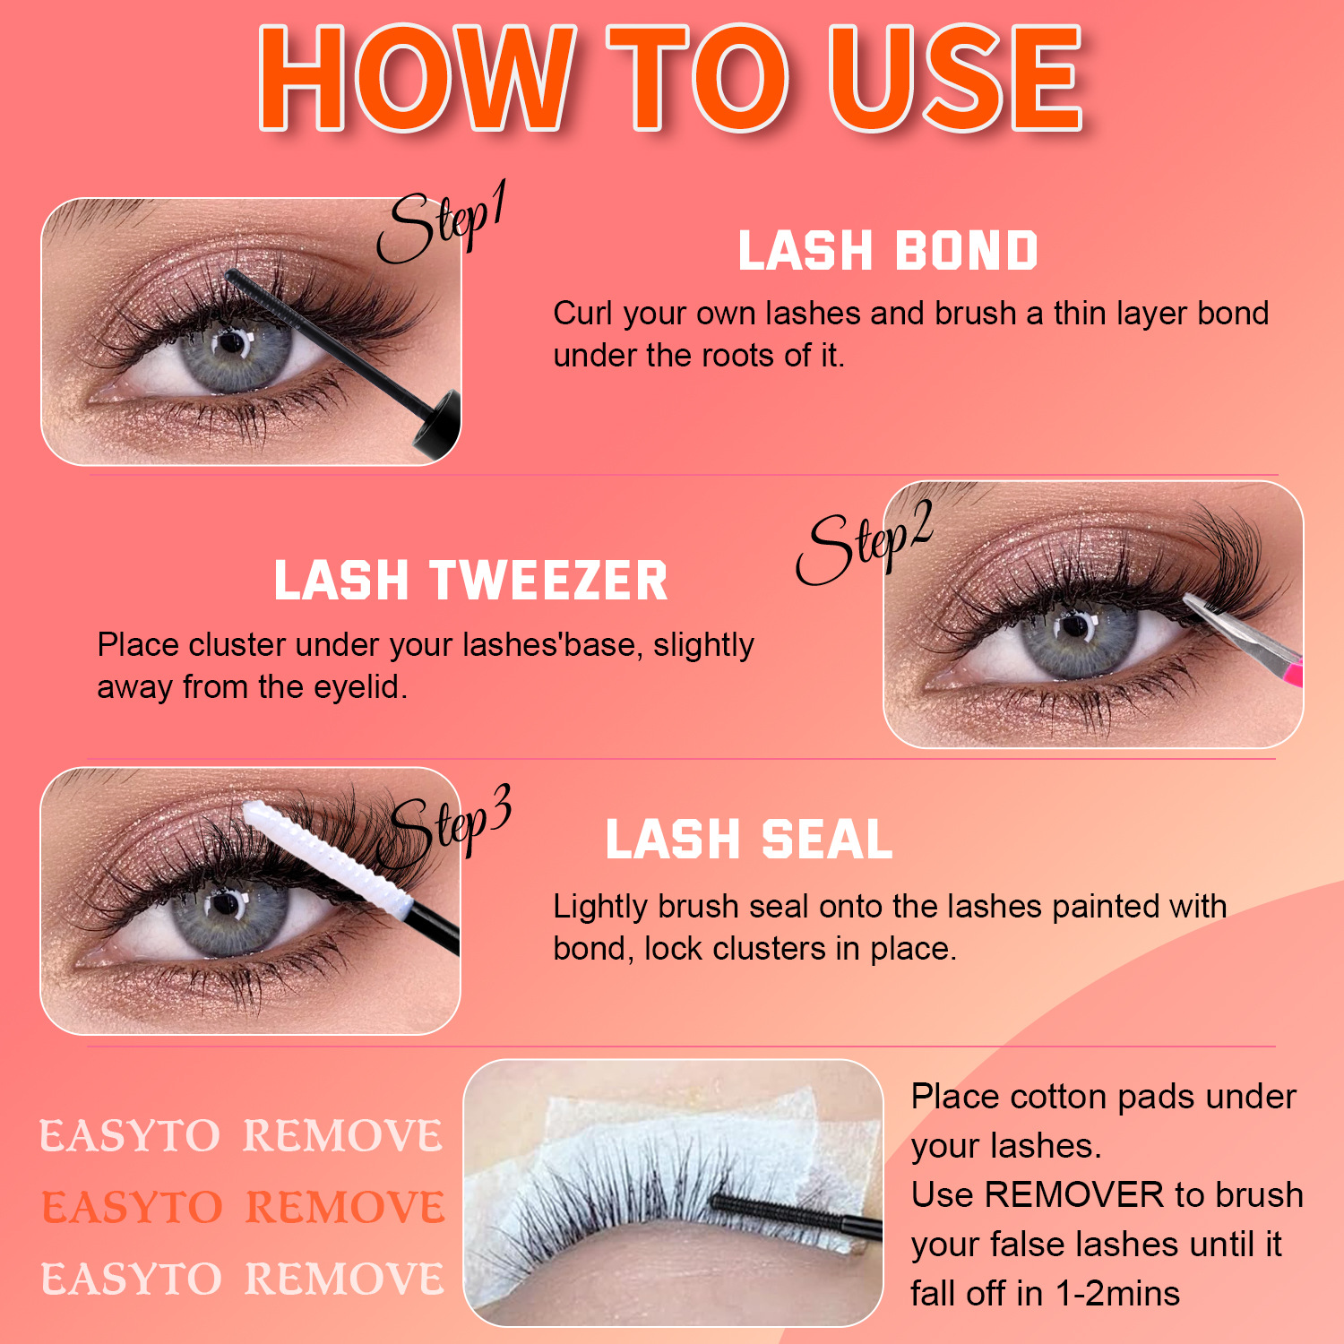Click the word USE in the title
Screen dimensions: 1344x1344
pos(955,79)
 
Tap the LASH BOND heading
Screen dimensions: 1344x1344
pos(888,251)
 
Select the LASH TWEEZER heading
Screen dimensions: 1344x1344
pos(471,581)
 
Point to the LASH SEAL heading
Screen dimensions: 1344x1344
pos(749,840)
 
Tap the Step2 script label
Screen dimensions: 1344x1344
pos(864,542)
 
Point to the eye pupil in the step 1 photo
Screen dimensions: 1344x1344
pos(234,343)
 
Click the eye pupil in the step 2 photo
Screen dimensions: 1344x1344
pos(1074,626)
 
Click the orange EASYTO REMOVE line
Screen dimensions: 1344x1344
pos(243,1207)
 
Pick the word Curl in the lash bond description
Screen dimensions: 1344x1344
pos(583,314)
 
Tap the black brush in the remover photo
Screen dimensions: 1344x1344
pos(788,1215)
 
